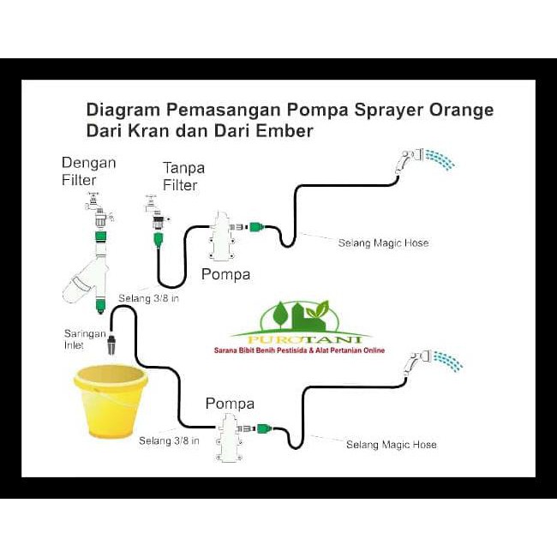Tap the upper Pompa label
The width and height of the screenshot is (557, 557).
[225, 275]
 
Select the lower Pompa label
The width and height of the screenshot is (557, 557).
[230, 403]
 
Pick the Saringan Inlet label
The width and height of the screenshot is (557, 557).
[83, 339]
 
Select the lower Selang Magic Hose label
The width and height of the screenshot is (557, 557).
[391, 444]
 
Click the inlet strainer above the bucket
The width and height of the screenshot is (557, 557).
[112, 346]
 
